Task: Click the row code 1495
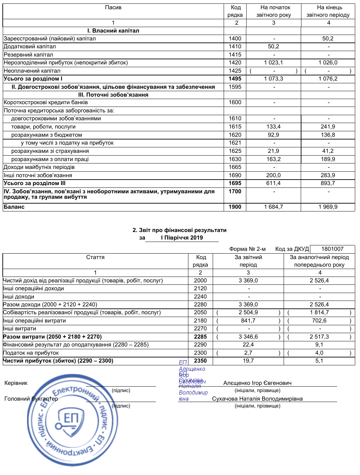[x=235, y=79]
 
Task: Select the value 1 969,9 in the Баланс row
[x=328, y=207]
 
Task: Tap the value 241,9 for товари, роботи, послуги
[x=328, y=127]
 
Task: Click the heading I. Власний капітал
[x=113, y=31]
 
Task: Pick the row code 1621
[x=235, y=143]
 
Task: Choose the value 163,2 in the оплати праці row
[x=273, y=159]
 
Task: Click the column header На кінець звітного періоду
[x=328, y=11]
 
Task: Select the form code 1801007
[x=332, y=249]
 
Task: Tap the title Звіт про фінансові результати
[x=179, y=230]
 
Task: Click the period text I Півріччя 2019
[x=182, y=238]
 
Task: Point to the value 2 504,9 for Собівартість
[x=248, y=313]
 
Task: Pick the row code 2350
[x=200, y=361]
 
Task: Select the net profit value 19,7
[x=248, y=361]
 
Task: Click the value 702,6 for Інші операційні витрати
[x=319, y=321]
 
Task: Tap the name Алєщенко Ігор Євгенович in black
[x=257, y=383]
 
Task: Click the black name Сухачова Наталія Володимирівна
[x=257, y=399]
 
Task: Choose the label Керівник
[x=16, y=383]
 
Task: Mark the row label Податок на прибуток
[x=31, y=353]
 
